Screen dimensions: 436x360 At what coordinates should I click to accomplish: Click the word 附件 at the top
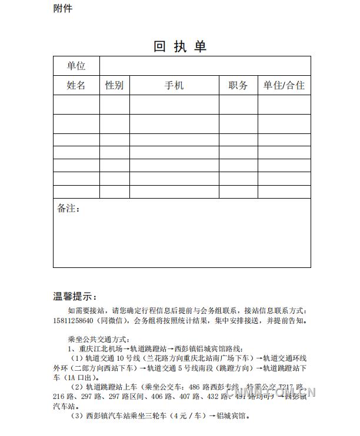tap(63, 8)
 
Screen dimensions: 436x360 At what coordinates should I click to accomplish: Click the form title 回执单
tap(180, 46)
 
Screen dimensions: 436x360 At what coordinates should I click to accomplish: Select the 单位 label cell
tap(76, 66)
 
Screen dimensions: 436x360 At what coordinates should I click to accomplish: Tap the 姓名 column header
tap(76, 85)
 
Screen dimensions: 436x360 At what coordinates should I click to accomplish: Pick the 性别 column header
tap(114, 85)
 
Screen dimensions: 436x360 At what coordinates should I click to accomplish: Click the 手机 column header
tap(174, 85)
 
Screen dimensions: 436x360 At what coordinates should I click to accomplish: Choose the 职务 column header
tap(238, 85)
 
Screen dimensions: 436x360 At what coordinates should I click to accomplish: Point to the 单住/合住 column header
tap(284, 85)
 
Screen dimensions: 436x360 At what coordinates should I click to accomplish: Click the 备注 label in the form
tap(68, 209)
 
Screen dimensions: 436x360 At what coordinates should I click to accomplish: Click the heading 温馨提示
tap(75, 297)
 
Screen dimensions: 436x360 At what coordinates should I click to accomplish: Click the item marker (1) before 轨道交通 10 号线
tap(78, 358)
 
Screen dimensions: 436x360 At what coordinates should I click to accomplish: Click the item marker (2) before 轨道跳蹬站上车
tap(78, 387)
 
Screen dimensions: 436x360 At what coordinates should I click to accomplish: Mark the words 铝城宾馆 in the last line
tap(233, 416)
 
